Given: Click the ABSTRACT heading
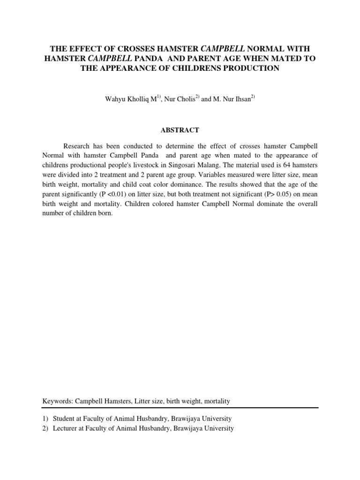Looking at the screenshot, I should (x=180, y=130).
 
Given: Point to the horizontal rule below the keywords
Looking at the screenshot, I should (x=180, y=408).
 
